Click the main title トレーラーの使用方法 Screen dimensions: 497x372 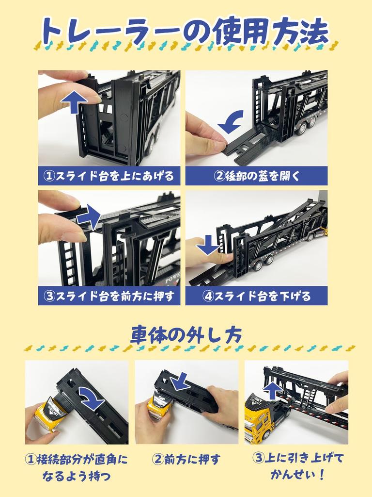pos(186,32)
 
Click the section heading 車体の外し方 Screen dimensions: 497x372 pos(186,334)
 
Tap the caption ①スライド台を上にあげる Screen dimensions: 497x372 pos(109,176)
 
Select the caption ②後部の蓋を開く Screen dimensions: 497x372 pos(256,176)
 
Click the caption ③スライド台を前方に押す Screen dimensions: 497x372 pos(109,296)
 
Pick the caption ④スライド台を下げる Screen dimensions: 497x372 pos(256,296)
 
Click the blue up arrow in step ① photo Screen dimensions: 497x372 pos(74,102)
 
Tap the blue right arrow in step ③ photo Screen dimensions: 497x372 pos(88,217)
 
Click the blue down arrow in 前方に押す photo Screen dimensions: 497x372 pos(181,381)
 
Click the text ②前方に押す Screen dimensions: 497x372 pos(186,459)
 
